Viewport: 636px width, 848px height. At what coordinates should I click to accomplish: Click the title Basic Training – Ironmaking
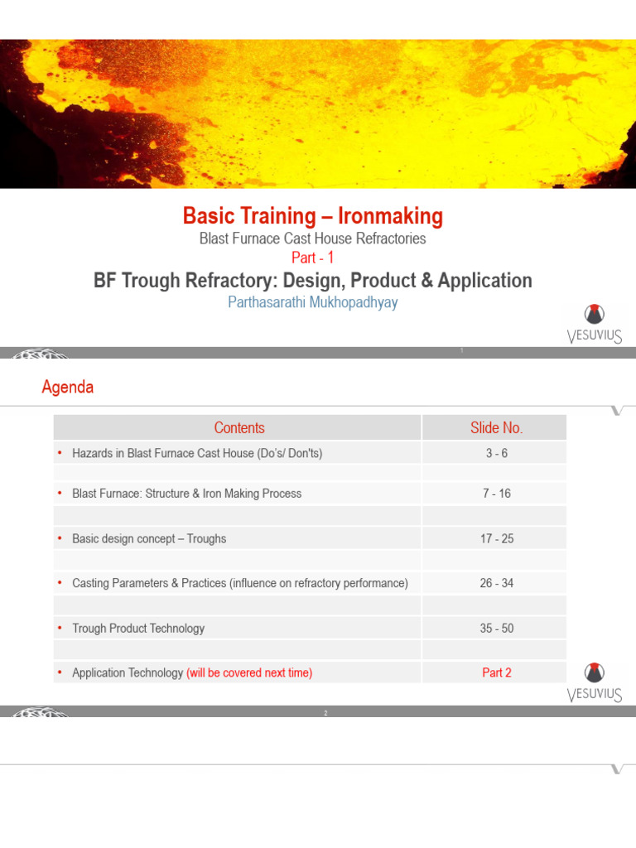tap(312, 216)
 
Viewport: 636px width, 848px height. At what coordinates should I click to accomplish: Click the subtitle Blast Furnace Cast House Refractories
tap(312, 238)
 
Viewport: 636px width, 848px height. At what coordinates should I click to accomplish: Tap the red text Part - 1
tap(312, 258)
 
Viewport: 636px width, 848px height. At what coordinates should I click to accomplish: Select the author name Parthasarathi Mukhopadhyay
tap(312, 302)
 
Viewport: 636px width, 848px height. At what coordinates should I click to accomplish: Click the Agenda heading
tap(68, 388)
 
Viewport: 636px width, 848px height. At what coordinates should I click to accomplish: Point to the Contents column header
tap(238, 427)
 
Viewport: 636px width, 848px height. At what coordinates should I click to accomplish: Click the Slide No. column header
tap(496, 427)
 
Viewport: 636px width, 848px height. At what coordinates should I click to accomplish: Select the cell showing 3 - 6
tap(496, 453)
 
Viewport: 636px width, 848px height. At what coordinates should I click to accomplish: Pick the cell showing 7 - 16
tap(496, 494)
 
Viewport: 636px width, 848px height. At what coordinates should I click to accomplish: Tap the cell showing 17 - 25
tap(496, 538)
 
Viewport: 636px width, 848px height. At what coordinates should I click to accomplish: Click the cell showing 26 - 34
tap(496, 583)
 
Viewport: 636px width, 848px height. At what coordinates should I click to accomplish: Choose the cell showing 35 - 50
tap(496, 629)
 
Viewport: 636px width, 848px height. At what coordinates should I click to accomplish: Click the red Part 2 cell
tap(496, 672)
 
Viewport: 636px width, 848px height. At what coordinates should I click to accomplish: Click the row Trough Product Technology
tap(138, 629)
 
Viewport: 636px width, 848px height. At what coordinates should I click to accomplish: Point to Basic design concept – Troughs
tap(149, 538)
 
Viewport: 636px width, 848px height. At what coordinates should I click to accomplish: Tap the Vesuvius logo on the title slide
tap(595, 324)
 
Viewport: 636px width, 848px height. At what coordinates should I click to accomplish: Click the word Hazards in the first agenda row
tap(94, 453)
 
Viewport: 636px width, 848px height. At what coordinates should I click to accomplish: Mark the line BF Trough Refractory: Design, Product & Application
tap(312, 281)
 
